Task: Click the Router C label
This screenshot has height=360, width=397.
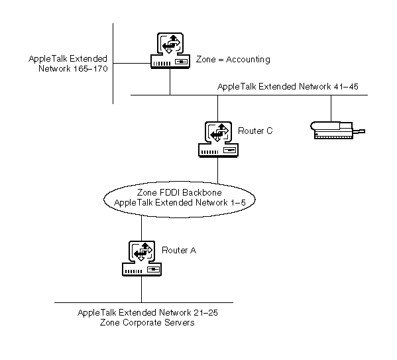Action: click(255, 131)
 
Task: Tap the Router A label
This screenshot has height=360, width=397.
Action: click(179, 251)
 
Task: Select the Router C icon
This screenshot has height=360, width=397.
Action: click(218, 139)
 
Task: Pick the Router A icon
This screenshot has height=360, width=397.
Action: click(142, 258)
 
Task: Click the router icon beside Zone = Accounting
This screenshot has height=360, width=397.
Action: click(170, 50)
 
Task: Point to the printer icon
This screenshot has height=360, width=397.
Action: click(337, 130)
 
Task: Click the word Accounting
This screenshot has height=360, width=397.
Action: click(248, 60)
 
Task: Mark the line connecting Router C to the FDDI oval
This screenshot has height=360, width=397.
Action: click(218, 170)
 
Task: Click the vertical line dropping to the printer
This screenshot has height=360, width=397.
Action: click(331, 109)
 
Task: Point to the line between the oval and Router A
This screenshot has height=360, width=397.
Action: click(141, 228)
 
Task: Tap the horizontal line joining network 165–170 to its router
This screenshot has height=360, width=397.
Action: click(132, 64)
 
